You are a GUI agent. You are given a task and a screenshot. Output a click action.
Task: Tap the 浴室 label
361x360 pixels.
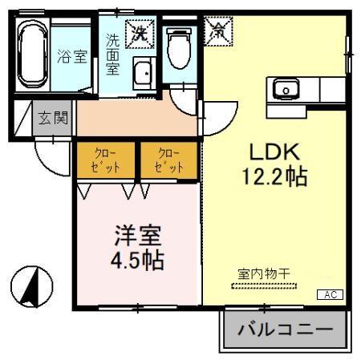[x=72, y=57]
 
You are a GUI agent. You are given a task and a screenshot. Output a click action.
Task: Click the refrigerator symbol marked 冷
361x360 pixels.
[x=217, y=31]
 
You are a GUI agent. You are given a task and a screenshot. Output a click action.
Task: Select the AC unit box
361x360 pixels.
[x=331, y=295]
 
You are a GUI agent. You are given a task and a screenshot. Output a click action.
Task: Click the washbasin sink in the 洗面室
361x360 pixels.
[x=143, y=74]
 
